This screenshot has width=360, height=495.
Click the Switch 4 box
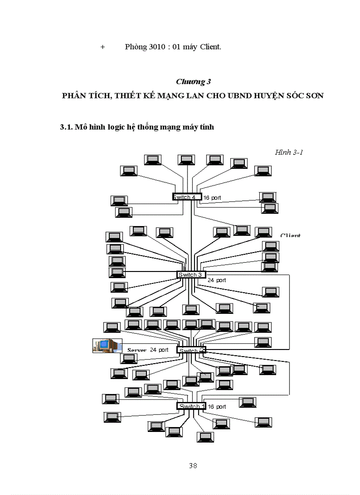[x=187, y=197]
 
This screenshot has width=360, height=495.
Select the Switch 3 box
[x=191, y=275]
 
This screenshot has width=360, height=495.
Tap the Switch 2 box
[x=191, y=350]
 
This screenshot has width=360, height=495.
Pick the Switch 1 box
[x=191, y=406]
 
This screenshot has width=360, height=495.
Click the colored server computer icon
[x=107, y=345]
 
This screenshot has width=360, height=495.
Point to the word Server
[x=137, y=350]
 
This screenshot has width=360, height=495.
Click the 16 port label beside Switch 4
[x=212, y=198]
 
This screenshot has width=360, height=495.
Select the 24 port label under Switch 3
[x=217, y=280]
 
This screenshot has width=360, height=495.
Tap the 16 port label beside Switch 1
[x=217, y=407]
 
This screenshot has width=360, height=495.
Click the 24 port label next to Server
[x=159, y=350]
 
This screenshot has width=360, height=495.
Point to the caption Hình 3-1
[x=289, y=153]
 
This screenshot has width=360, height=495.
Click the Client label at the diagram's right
[x=290, y=235]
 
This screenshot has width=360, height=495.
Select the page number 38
[x=193, y=466]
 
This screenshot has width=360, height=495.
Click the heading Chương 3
[x=193, y=82]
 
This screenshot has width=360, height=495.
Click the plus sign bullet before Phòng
[x=102, y=47]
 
